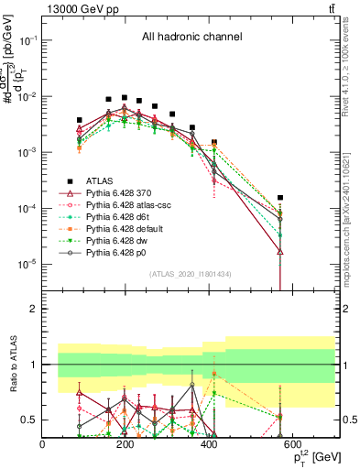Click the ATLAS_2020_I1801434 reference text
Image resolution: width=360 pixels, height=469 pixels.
coord(191,275)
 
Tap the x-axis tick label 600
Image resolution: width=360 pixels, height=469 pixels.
coord(333,444)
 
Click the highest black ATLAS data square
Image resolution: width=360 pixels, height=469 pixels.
coord(125,97)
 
